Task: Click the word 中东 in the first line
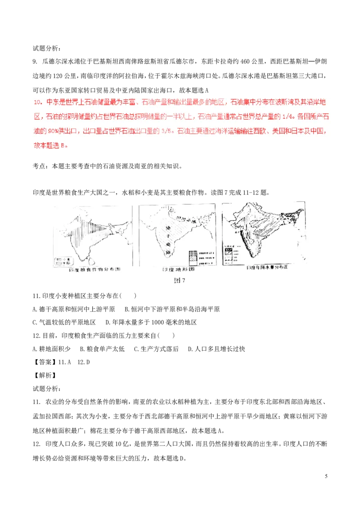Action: pyautogui.click(x=49, y=103)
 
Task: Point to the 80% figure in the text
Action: pyautogui.click(x=60, y=131)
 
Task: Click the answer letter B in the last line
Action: pyautogui.click(x=63, y=146)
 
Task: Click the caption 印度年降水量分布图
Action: pyautogui.click(x=266, y=268)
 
